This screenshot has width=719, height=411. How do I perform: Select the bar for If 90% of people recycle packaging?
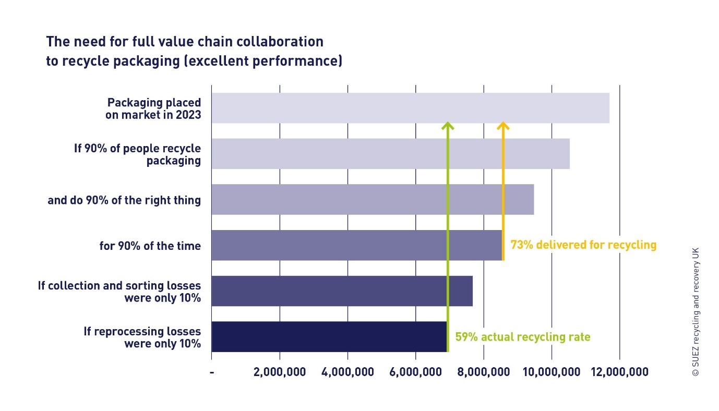point(390,154)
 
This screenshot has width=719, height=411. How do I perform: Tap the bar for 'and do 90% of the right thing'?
point(373,199)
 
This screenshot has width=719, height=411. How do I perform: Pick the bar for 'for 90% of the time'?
point(356,245)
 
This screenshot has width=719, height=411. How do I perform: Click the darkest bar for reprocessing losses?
point(329,336)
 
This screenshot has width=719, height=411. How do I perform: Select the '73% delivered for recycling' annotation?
point(583,245)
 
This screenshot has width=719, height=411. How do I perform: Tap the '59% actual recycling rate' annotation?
point(522,337)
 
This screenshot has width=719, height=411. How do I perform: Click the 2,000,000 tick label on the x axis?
point(280,372)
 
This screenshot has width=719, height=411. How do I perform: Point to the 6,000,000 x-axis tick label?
point(415,372)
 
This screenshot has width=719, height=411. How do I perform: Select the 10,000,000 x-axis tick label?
point(552,372)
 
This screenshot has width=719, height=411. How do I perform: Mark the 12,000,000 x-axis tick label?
point(619,372)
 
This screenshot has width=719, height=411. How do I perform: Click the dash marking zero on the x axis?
point(212,372)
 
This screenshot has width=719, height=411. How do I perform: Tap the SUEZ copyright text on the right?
point(695,311)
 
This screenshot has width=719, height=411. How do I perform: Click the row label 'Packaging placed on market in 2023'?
point(153,108)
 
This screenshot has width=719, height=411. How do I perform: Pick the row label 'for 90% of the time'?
point(150,246)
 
